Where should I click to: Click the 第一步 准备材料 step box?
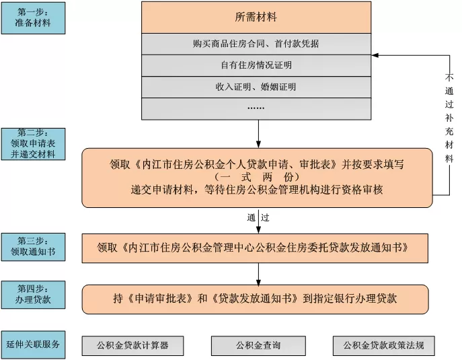[33, 18]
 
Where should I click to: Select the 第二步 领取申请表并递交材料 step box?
[33, 143]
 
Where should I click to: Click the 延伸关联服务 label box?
[33, 345]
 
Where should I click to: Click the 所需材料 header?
[256, 16]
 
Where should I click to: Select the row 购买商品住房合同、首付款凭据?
[256, 44]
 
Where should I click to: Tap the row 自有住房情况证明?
[256, 65]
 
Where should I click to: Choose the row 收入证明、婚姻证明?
[256, 87]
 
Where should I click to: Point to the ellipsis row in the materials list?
[256, 108]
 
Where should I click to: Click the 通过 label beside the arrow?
[258, 217]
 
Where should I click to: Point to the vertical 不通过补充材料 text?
[449, 118]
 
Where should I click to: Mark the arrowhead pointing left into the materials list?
[376, 55]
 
